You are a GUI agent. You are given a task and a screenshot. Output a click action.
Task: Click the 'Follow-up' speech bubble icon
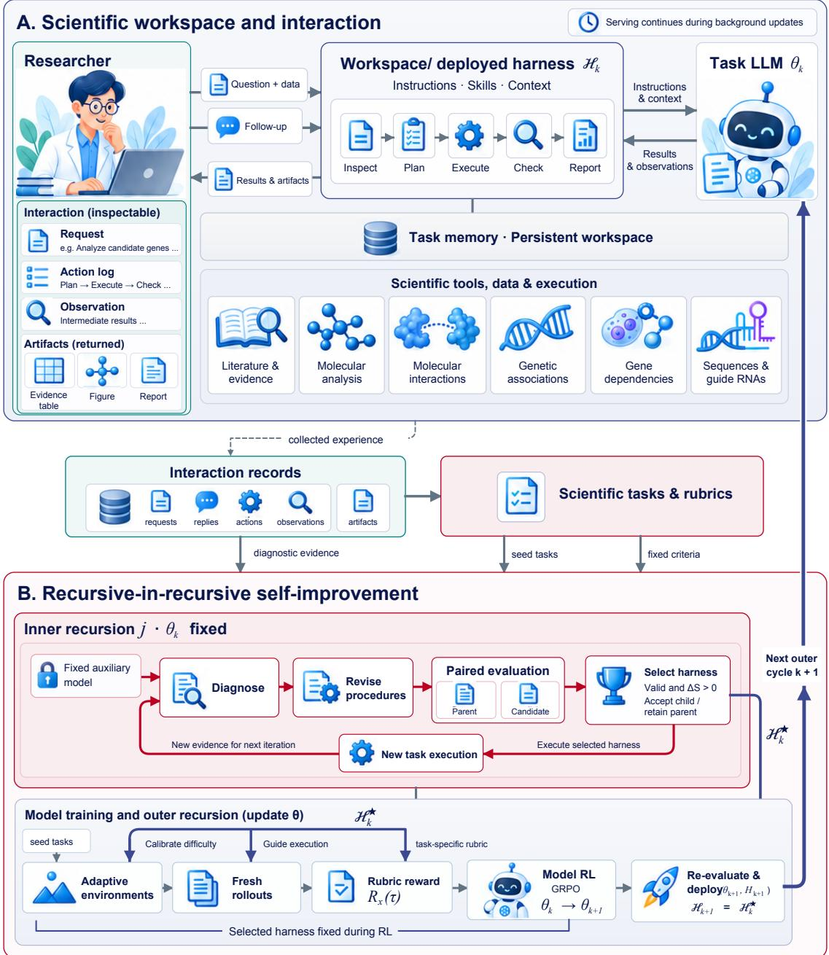(x=227, y=127)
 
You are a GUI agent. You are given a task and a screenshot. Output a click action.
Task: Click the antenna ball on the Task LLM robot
(x=766, y=87)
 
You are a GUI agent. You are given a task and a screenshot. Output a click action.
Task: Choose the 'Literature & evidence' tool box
(x=250, y=344)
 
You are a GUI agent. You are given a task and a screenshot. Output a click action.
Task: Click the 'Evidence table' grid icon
(x=49, y=370)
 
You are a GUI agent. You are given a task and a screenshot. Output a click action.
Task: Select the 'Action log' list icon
(x=37, y=277)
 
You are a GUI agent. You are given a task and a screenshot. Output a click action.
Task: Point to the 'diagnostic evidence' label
(x=295, y=552)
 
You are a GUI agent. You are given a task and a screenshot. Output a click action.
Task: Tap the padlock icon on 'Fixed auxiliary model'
(x=47, y=674)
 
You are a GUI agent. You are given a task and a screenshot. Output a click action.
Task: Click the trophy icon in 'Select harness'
(x=612, y=685)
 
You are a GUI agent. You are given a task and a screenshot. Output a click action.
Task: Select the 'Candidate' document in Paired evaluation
(x=529, y=698)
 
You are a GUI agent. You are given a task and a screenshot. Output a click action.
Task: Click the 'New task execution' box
(x=410, y=753)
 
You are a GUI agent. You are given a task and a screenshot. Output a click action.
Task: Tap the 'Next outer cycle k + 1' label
(x=790, y=664)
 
